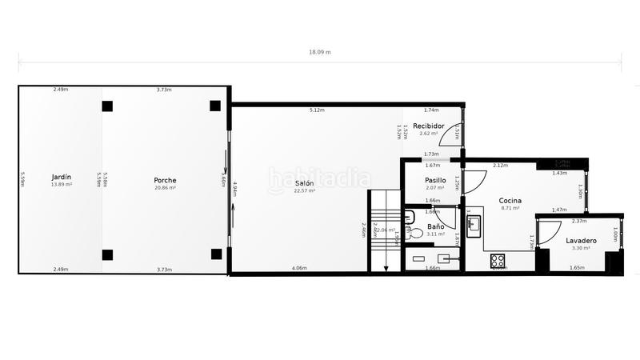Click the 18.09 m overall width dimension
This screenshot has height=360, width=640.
pos(320,52)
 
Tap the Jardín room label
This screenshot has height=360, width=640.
pos(61,178)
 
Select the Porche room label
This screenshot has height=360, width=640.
pos(165,180)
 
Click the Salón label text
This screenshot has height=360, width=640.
pos(304,183)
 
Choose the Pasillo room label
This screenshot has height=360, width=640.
pos(435,180)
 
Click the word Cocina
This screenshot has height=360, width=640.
pos(510,200)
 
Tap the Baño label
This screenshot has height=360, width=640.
pos(435,226)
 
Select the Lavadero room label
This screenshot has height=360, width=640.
pos(581,240)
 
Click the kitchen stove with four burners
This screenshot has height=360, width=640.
pos(498,260)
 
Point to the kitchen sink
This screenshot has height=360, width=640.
pos(473,223)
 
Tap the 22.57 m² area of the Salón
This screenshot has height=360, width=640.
pos(304,191)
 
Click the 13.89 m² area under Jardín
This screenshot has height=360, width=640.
pos(61,185)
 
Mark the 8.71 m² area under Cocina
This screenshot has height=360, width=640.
pos(510,208)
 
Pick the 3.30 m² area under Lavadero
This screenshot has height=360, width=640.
pos(581,248)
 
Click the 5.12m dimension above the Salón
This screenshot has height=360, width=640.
pos(316,110)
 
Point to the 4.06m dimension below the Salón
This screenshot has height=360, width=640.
pos(298,268)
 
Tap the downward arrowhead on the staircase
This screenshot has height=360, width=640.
pos(386,269)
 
